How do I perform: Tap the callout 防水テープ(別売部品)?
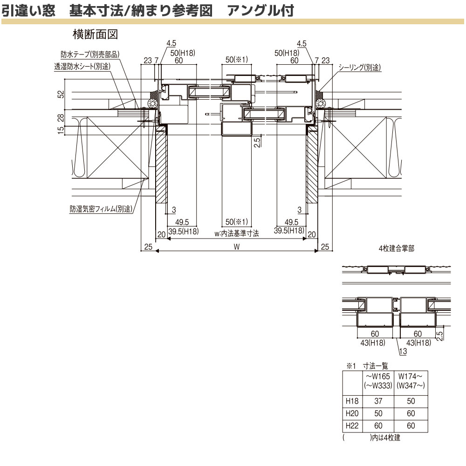click(90, 55)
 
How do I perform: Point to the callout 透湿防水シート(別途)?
click(82, 67)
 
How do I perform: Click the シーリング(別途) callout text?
click(359, 68)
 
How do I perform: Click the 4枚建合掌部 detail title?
click(396, 249)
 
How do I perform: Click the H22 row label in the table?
click(352, 425)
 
